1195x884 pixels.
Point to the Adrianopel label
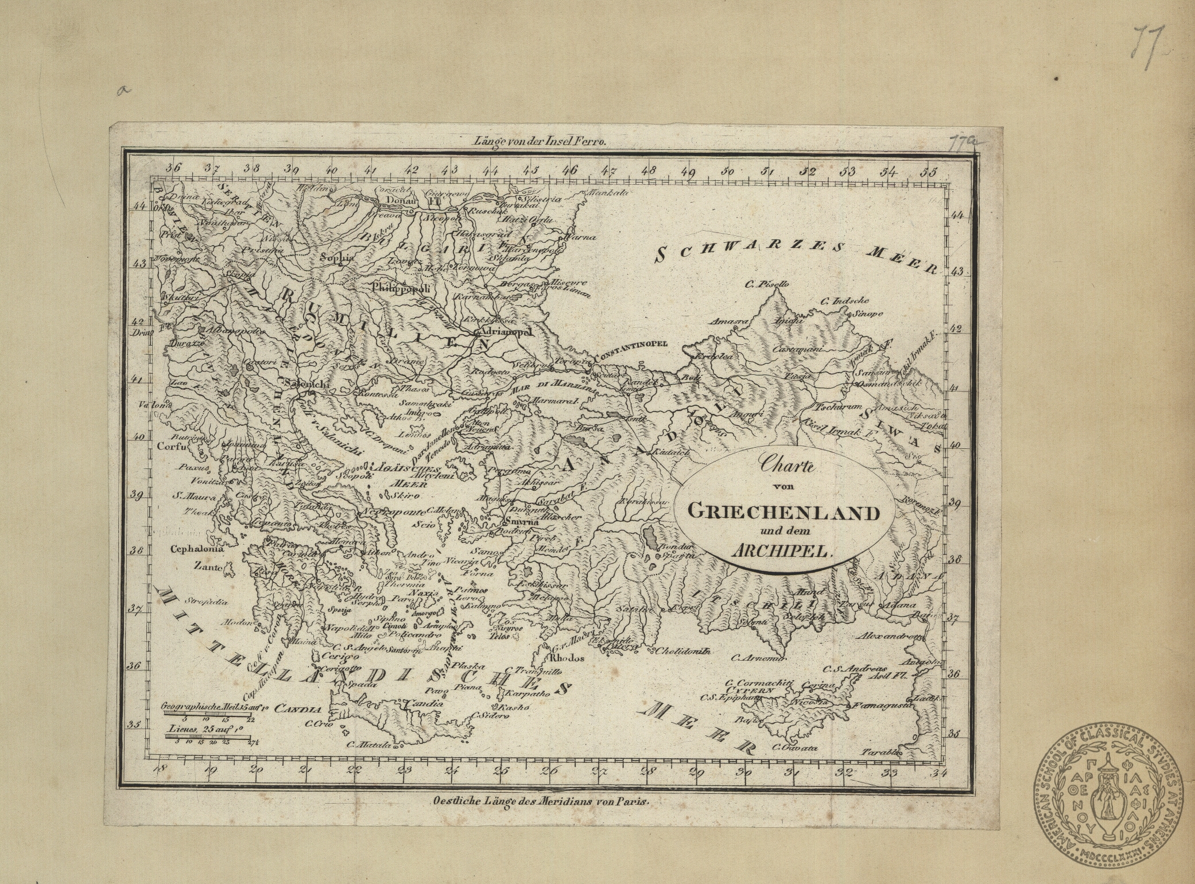[x=505, y=332]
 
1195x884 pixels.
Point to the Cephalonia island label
[x=196, y=549]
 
